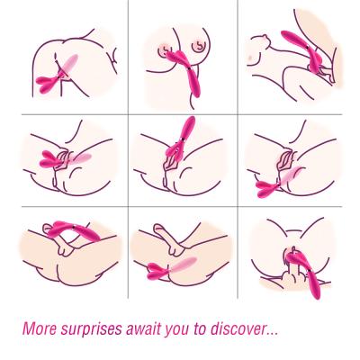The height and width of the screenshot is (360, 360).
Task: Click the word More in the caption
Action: point(40,328)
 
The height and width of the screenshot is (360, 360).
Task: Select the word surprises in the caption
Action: point(92,329)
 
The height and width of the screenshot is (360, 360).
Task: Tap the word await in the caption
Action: point(143,328)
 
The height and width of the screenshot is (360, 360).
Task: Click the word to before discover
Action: point(200,329)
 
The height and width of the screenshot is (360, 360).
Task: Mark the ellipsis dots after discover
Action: point(271,334)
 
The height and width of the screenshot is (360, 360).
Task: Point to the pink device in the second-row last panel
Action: point(277,182)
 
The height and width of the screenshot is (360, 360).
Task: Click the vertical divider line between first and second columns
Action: point(129,149)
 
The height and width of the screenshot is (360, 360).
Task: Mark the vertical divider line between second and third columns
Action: point(238,149)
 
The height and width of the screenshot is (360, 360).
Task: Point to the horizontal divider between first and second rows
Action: point(182,114)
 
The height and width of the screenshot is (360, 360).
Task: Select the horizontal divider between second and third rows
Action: point(182,206)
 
